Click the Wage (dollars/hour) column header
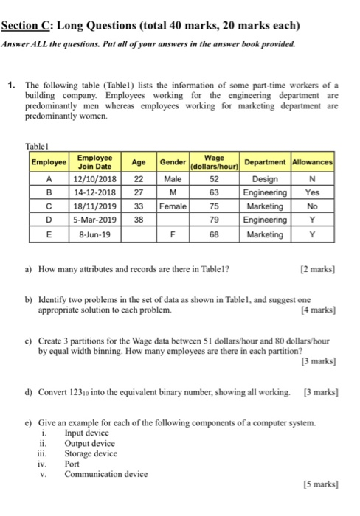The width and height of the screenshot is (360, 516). coord(215,161)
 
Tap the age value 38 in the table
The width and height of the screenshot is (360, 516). coord(138,219)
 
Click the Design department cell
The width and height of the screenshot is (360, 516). coord(265,178)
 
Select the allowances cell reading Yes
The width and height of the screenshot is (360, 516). coord(313,192)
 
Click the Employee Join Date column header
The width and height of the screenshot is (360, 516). coord(94,161)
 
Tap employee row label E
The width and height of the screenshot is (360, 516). coord(49,234)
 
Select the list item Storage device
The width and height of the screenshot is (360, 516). coord(91,454)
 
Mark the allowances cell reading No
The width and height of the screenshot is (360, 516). coord(313,206)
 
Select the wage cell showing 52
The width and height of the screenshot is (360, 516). coord(215,178)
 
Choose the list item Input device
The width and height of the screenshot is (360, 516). coord(87,434)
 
